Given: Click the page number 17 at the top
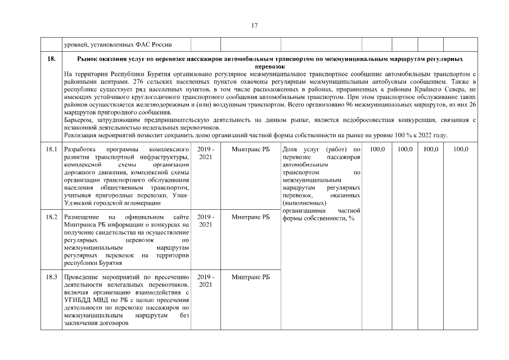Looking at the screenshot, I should click(254, 25).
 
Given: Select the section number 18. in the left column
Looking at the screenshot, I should click(51, 58).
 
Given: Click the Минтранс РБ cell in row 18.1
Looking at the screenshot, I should click(250, 149).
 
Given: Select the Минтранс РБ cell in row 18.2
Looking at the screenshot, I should click(250, 217).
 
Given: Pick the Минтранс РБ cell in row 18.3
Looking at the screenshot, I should click(250, 277).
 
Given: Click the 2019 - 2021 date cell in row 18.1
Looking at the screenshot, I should click(205, 153).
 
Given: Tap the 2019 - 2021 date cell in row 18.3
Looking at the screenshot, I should click(205, 281).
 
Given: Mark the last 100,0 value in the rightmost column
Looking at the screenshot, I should click(461, 149).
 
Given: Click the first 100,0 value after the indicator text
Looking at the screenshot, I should click(376, 149).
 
